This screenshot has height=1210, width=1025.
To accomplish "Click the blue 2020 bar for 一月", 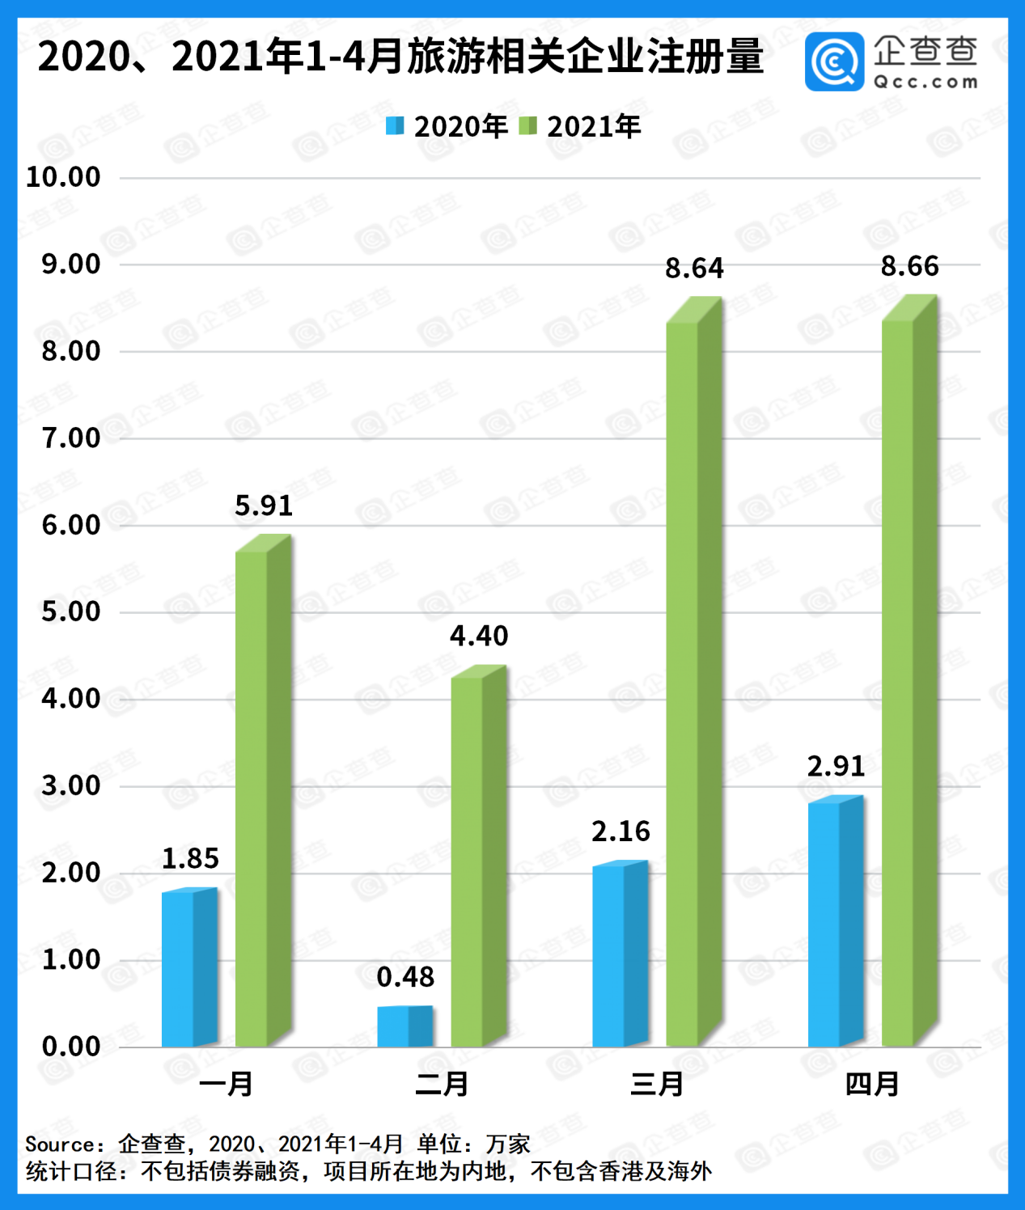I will point(188,968).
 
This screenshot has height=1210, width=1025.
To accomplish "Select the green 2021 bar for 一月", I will point(262,797).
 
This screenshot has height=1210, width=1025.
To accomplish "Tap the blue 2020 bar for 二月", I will point(404,1026).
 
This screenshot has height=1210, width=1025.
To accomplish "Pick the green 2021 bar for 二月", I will point(477,861).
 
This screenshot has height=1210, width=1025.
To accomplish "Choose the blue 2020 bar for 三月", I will point(619,955).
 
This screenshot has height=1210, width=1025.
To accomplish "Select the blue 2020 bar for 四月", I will point(835,922).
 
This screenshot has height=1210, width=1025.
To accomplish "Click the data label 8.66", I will point(909,266).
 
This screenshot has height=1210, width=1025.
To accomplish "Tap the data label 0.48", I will point(405,977).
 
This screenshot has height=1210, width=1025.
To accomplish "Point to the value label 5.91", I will point(264,506).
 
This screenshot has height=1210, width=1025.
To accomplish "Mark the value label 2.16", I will point(621,831).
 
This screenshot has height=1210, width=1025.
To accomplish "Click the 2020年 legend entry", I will point(447,126).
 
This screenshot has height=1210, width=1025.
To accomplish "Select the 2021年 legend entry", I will point(580,126).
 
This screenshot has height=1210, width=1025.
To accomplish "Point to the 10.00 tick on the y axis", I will point(63,177).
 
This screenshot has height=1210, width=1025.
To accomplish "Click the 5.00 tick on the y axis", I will point(71,611).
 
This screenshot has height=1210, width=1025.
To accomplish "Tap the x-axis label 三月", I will point(657,1084).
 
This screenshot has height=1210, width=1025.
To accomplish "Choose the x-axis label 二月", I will point(442,1084).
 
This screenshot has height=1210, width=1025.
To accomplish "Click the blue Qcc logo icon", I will point(834,62).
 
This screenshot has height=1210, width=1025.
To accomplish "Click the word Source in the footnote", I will point(59,1144).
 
